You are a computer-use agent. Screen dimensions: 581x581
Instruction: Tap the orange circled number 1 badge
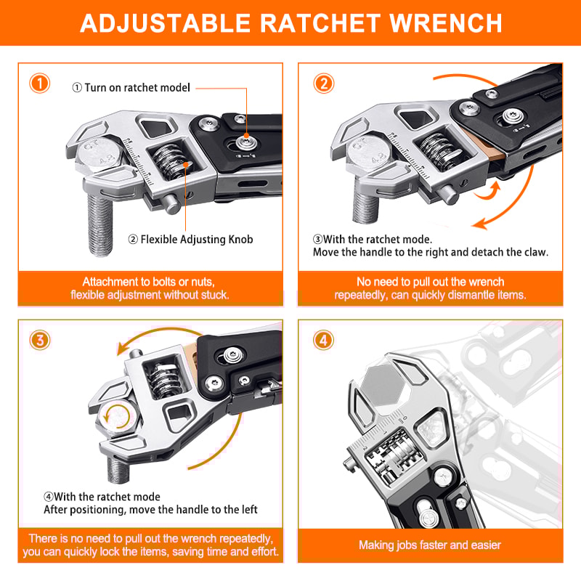click(x=40, y=83)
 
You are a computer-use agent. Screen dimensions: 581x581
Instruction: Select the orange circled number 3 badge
click(x=40, y=340)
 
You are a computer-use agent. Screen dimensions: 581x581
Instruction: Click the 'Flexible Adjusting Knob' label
click(x=190, y=238)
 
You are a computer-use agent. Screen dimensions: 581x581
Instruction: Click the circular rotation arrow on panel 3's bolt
click(x=118, y=417)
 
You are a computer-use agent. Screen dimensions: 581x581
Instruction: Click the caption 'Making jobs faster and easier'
click(x=430, y=545)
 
